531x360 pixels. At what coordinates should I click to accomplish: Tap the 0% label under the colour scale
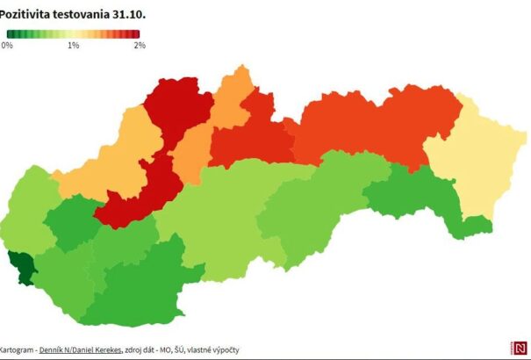pyautogui.click(x=7, y=45)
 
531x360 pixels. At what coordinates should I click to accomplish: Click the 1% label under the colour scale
pyautogui.click(x=73, y=45)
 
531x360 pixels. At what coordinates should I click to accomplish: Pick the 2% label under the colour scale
pyautogui.click(x=139, y=45)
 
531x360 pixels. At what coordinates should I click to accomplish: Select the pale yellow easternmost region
pyautogui.click(x=478, y=167)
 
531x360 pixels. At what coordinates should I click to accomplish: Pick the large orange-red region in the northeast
pyautogui.click(x=377, y=127)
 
